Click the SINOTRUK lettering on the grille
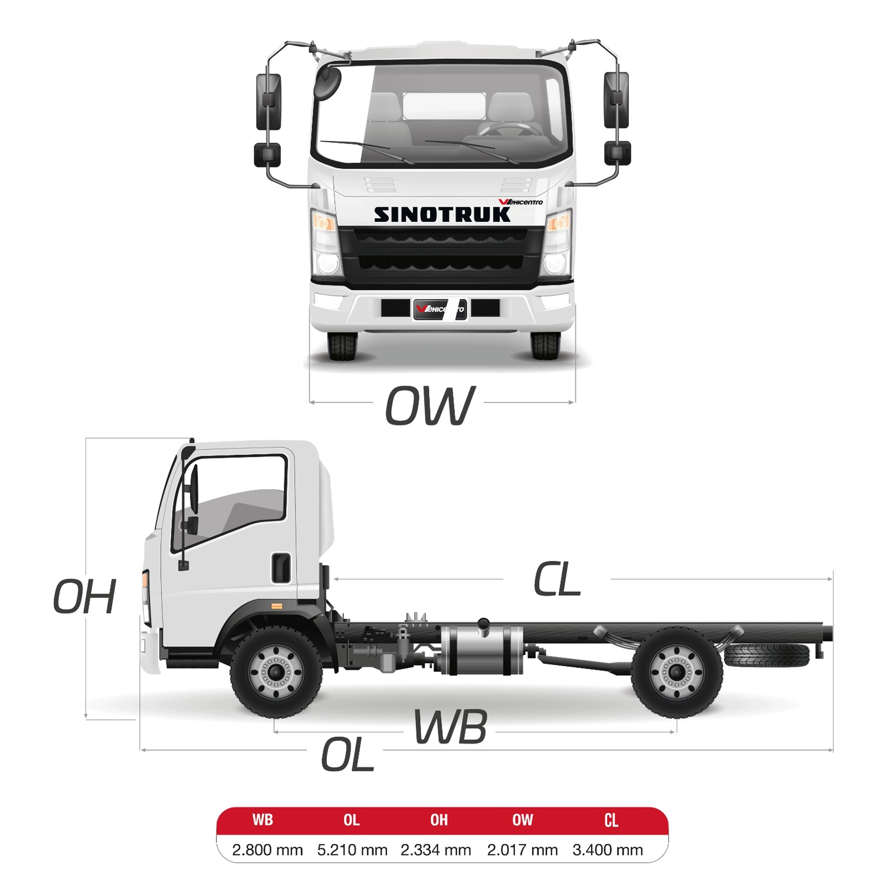442,215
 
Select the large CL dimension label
557,579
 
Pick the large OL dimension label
348,755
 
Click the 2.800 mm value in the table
267,850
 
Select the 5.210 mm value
352,850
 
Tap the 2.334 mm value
436,850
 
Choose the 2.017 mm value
522,850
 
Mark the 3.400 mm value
608,850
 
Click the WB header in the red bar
263,820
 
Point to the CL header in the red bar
611,820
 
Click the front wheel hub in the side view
276,672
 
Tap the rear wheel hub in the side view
677,672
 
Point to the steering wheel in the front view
511,129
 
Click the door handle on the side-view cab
281,568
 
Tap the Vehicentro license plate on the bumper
440,309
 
